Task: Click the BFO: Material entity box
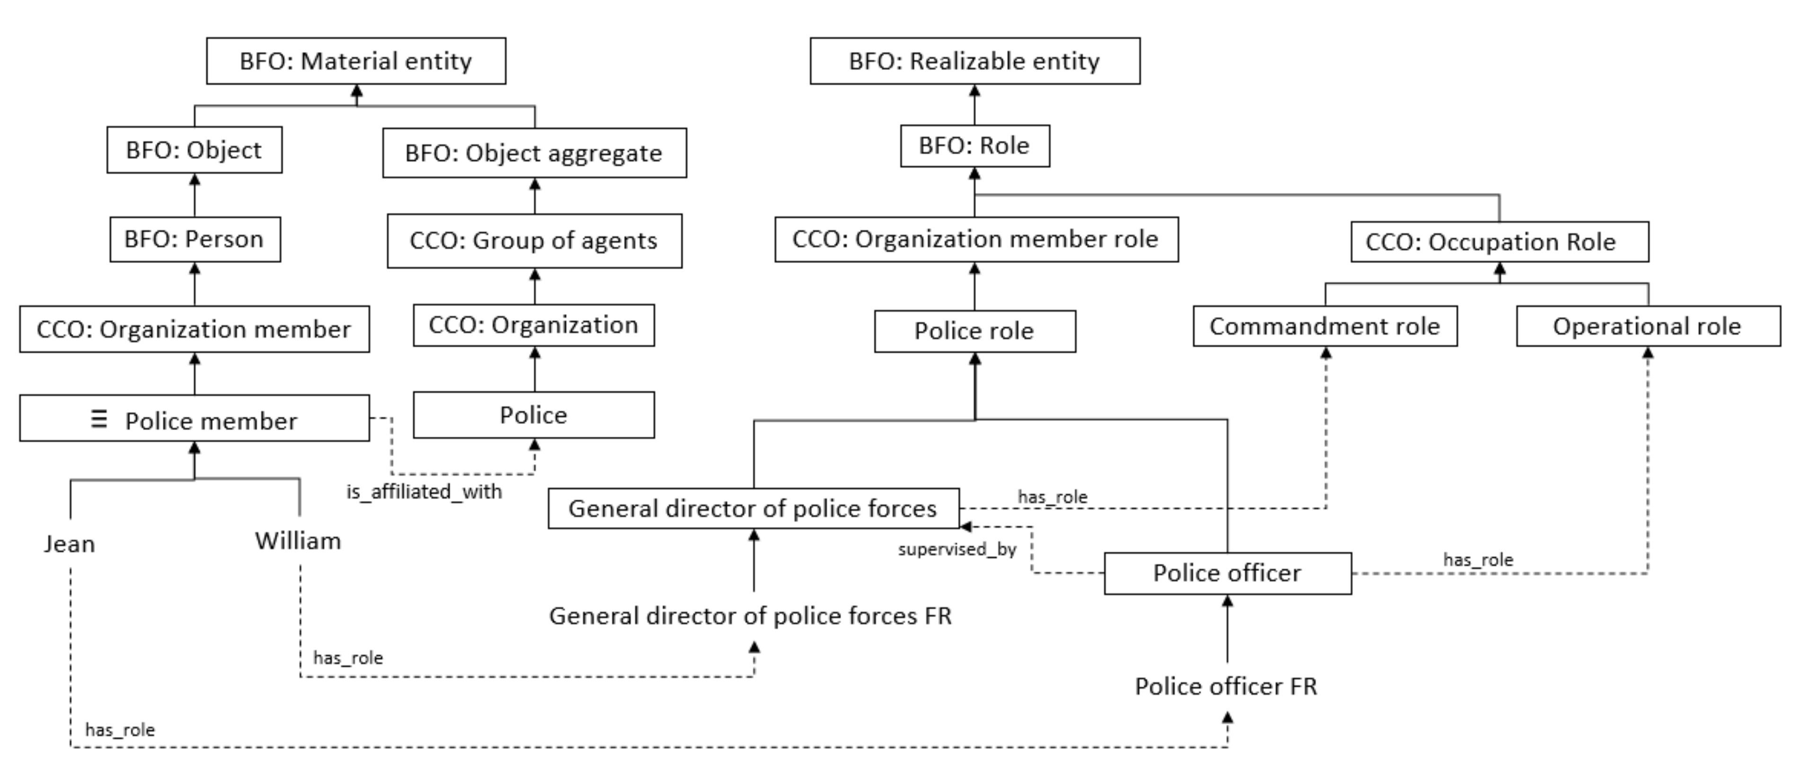click(x=356, y=62)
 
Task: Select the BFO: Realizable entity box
click(x=974, y=62)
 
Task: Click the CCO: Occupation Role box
click(x=1499, y=242)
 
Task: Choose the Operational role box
click(x=1647, y=326)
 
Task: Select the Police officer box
click(x=1227, y=573)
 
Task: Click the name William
click(x=298, y=541)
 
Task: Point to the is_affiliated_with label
click(x=424, y=492)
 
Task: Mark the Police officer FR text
click(x=1226, y=686)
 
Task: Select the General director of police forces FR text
click(x=750, y=616)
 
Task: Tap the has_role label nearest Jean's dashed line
click(x=120, y=730)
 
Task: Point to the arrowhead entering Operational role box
click(x=1648, y=353)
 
